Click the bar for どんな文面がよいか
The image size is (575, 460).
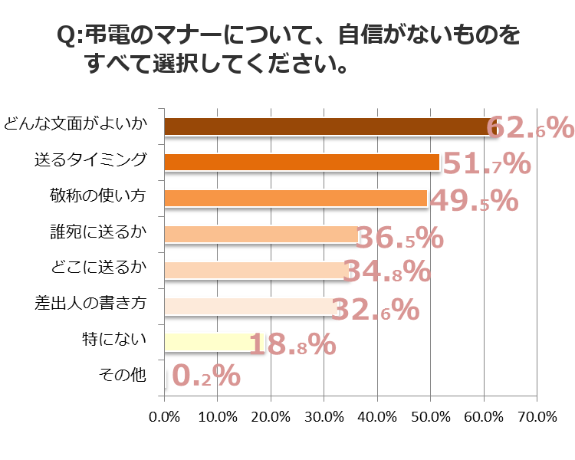point(330,127)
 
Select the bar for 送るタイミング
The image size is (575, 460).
point(302,163)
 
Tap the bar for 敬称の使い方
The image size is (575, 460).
point(296,198)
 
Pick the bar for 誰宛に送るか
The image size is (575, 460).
point(261,234)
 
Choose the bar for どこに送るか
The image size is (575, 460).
point(257,270)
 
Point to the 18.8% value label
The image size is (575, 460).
point(292,345)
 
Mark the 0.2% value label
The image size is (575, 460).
point(205,375)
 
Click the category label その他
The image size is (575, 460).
point(122,376)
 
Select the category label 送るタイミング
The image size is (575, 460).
point(90,160)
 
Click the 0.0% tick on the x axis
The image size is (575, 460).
point(164,417)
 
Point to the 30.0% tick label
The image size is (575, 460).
point(324,417)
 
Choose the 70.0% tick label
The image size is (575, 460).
point(536,417)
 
